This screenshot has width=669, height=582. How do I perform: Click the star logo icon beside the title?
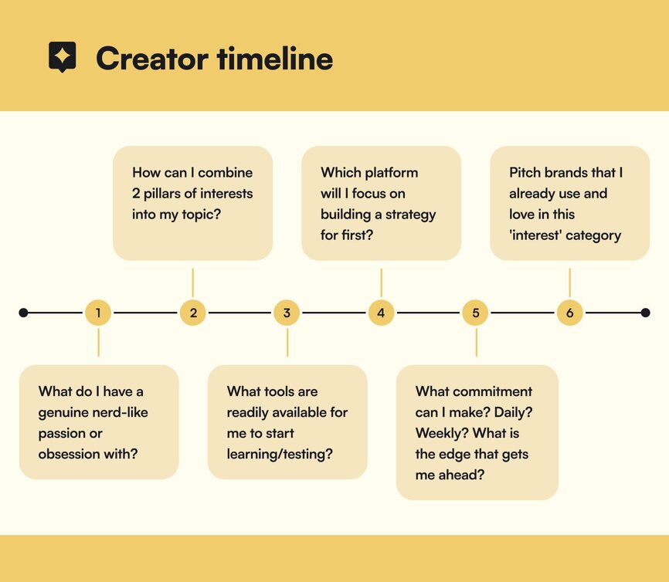[x=63, y=56]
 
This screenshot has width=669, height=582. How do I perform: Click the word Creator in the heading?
[x=152, y=59]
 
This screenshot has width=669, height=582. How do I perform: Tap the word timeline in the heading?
[x=275, y=58]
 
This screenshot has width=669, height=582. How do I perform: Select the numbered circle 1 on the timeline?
[x=98, y=313]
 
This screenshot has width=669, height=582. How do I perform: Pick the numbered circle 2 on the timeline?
[x=193, y=313]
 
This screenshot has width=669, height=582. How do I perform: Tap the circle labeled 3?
[x=287, y=313]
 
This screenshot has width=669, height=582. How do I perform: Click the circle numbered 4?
[x=381, y=313]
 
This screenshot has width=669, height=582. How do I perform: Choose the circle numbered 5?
[x=475, y=313]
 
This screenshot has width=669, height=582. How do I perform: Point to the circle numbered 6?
[x=569, y=313]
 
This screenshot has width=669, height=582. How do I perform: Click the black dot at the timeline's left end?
[x=23, y=313]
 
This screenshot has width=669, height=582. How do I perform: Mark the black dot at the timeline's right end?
[x=646, y=313]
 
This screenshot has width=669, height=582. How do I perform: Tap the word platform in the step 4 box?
[x=391, y=172]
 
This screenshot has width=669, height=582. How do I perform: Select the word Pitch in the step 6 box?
[x=525, y=172]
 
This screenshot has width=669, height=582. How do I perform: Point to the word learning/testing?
[x=280, y=454]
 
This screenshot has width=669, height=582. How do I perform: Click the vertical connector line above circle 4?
[x=381, y=283]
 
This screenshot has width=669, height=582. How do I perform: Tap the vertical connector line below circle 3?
[x=287, y=343]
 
